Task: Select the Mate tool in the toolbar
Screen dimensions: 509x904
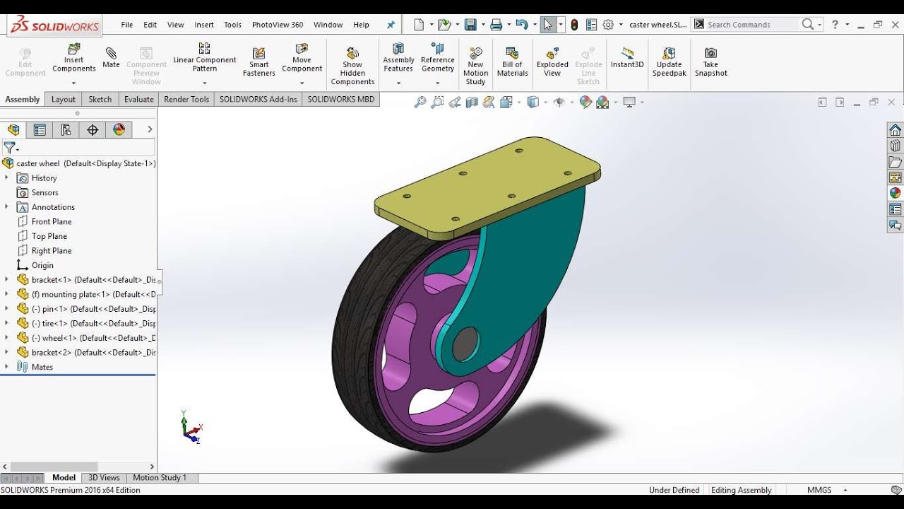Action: (x=111, y=57)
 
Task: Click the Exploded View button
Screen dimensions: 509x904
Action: (x=552, y=62)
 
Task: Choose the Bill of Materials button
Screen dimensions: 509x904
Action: (x=512, y=62)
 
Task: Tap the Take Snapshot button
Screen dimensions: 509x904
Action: (x=710, y=62)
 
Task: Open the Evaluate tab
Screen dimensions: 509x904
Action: (x=138, y=99)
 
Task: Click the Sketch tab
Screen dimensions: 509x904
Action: (x=100, y=99)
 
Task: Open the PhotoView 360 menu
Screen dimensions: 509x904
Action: (x=277, y=25)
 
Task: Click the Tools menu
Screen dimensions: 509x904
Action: (x=232, y=25)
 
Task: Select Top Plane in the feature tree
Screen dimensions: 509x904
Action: (x=49, y=236)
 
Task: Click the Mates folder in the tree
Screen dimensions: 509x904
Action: (x=42, y=367)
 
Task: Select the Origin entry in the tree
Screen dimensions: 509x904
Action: (x=42, y=265)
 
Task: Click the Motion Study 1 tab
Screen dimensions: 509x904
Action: (x=160, y=477)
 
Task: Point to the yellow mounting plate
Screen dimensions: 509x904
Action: (x=487, y=187)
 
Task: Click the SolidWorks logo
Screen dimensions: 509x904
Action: (x=55, y=25)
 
